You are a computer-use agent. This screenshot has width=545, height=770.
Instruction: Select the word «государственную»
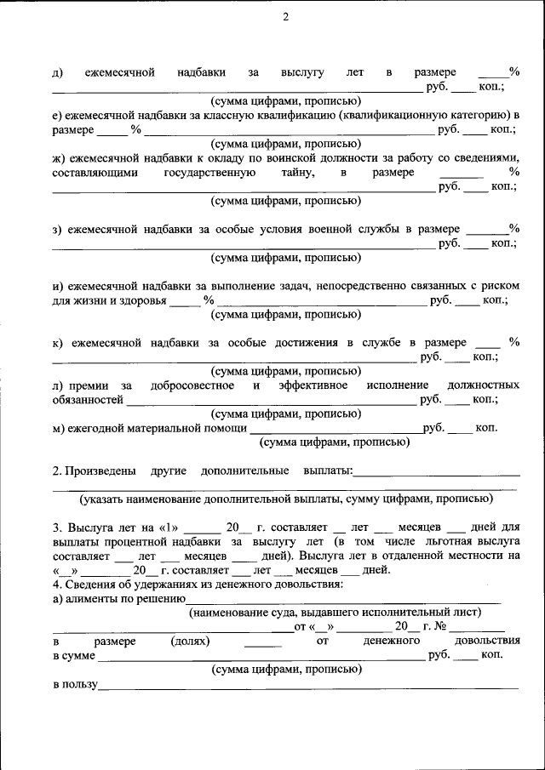(x=209, y=173)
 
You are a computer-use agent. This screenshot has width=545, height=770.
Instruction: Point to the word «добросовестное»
(x=192, y=385)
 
